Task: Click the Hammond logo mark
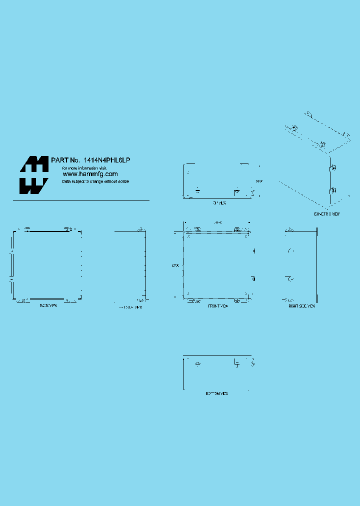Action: [x=34, y=175]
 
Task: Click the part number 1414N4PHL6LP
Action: [x=107, y=160]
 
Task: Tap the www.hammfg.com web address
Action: [x=90, y=174]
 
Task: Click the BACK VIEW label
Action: [x=48, y=305]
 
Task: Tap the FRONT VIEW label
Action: [x=217, y=305]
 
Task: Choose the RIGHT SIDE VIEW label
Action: [x=301, y=305]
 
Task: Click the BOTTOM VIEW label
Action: [x=217, y=394]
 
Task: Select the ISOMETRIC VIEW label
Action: [x=326, y=214]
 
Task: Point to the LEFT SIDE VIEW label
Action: [x=129, y=307]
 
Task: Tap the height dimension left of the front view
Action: [x=175, y=264]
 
